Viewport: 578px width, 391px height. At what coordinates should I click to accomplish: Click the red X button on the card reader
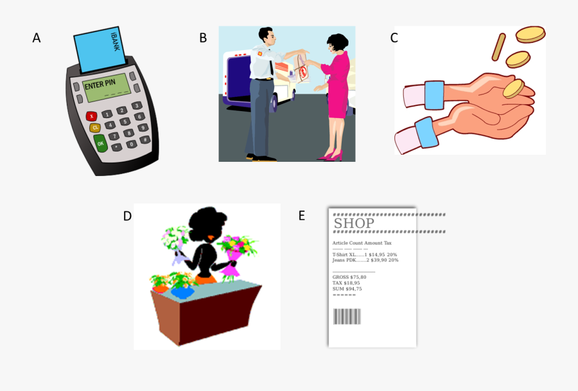pos(92,116)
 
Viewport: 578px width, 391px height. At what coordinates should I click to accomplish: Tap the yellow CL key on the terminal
pos(95,128)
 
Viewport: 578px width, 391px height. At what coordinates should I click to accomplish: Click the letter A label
pos(37,38)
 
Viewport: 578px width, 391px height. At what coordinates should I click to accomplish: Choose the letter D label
pos(127,216)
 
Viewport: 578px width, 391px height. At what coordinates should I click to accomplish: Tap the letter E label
pos(302,216)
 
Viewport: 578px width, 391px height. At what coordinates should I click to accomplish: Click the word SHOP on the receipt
pos(353,223)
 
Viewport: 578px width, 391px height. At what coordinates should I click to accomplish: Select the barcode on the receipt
pos(347,317)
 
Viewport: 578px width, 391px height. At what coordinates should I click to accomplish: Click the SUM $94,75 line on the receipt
pos(347,289)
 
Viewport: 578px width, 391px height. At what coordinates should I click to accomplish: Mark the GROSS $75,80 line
pos(349,277)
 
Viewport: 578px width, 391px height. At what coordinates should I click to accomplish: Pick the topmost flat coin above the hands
pos(530,34)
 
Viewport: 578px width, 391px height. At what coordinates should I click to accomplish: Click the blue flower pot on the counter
pos(183,291)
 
